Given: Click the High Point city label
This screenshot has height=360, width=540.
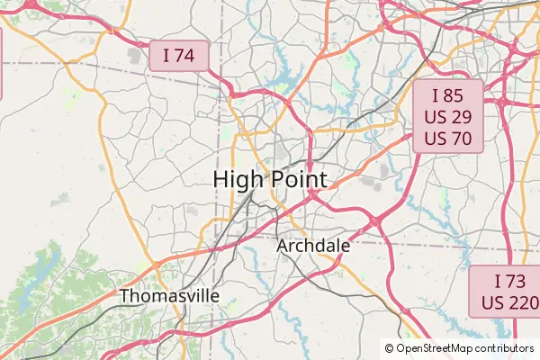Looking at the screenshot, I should (x=270, y=178).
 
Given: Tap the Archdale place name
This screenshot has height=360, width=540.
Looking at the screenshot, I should (x=313, y=245).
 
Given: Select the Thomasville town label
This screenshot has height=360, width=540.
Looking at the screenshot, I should (x=169, y=295).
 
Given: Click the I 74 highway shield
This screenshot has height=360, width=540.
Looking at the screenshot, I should (x=179, y=56).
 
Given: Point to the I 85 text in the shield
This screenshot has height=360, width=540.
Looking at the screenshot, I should (x=448, y=95).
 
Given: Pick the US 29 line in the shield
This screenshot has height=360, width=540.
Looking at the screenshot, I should (x=448, y=117).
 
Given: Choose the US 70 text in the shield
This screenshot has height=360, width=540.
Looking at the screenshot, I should (x=448, y=139).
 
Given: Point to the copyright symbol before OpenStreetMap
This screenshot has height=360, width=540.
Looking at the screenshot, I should (x=390, y=347).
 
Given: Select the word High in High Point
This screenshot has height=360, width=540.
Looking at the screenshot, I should (x=238, y=178).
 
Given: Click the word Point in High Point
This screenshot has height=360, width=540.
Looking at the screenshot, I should (x=298, y=178).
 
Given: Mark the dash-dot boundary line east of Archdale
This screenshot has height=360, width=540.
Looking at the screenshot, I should (x=423, y=245).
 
